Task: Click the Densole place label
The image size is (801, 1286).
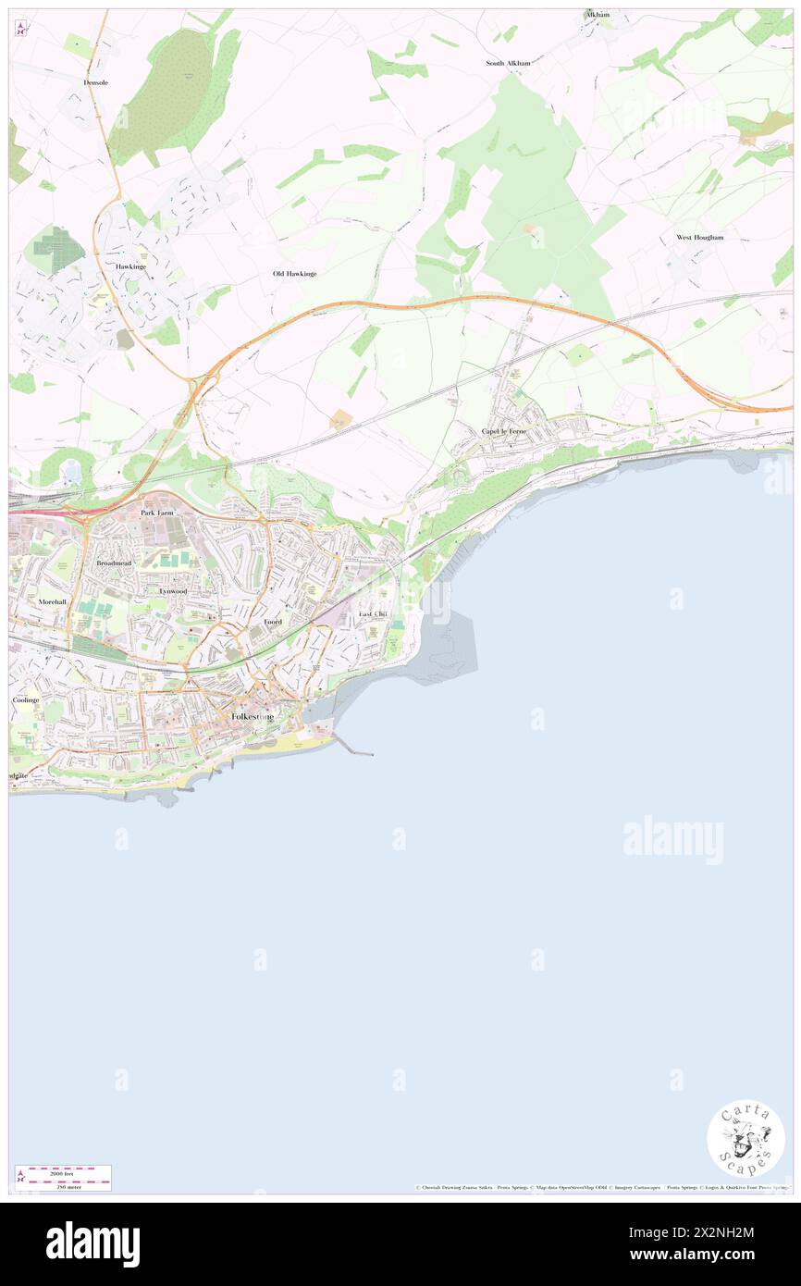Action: click(x=96, y=82)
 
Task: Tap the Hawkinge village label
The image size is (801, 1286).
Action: click(x=131, y=266)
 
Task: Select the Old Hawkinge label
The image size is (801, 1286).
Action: click(x=294, y=274)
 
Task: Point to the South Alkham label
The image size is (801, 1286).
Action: click(x=509, y=63)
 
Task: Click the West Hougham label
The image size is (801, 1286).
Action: click(x=699, y=238)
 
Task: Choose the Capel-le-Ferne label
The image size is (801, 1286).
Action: click(x=504, y=431)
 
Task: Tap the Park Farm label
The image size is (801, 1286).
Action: click(x=157, y=512)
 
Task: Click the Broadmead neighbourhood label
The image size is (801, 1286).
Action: click(x=114, y=563)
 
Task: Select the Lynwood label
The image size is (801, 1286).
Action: click(x=173, y=590)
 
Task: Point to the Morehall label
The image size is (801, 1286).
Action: click(x=53, y=601)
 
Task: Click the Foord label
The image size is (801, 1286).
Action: click(x=272, y=622)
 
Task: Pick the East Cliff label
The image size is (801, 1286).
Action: click(x=374, y=614)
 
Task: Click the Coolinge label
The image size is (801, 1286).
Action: click(x=26, y=700)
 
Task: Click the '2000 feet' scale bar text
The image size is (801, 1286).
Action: click(x=63, y=1171)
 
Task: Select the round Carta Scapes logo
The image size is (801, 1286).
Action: click(x=746, y=1139)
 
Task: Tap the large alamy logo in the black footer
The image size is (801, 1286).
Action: click(x=92, y=1243)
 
